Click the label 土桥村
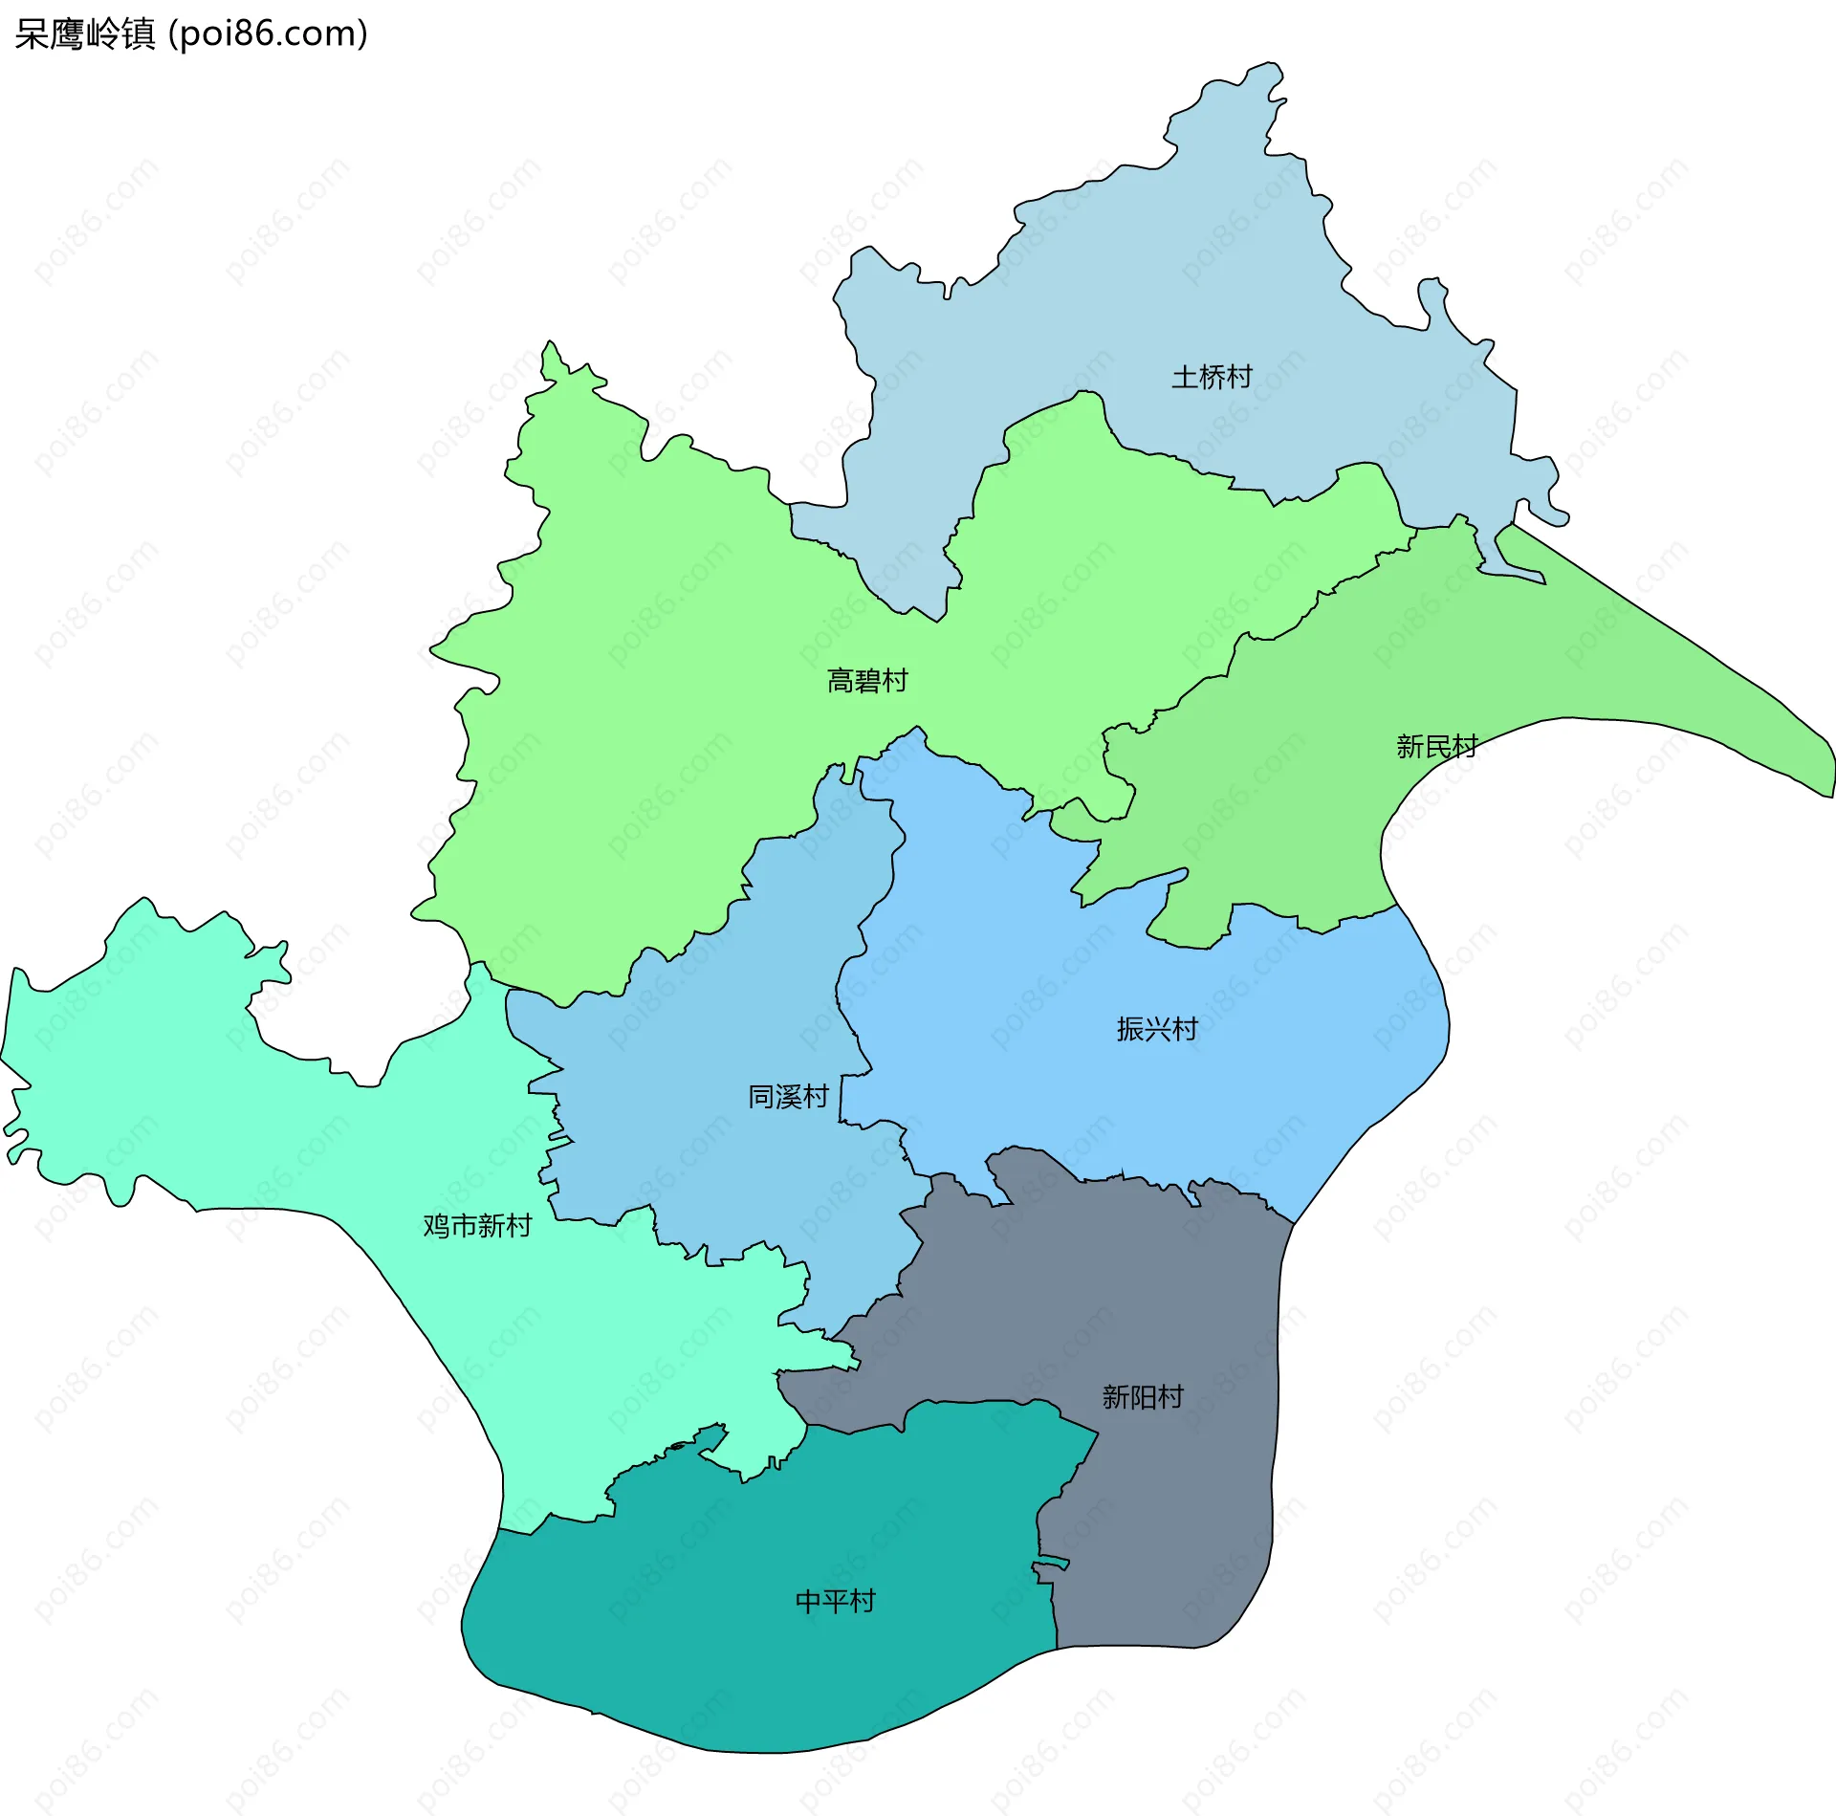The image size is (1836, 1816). tap(1212, 377)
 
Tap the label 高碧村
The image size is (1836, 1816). tap(867, 681)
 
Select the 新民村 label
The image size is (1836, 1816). tap(1436, 746)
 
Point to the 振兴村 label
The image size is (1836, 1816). tap(1157, 1029)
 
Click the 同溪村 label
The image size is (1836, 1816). tap(788, 1096)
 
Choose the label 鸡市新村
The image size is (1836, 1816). tap(477, 1225)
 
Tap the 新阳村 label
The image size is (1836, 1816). tap(1143, 1397)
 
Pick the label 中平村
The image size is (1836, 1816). tap(836, 1601)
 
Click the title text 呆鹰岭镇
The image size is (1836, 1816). tap(85, 34)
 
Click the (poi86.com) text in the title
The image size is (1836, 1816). tap(269, 34)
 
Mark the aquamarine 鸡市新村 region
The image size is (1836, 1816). tap(287, 1128)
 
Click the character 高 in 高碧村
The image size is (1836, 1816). tap(841, 681)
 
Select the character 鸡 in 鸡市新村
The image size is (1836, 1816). tap(437, 1225)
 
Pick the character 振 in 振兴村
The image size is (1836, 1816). tap(1130, 1029)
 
